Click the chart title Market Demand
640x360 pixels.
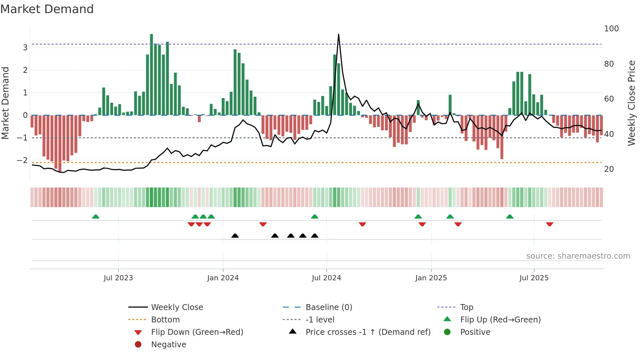tap(47, 9)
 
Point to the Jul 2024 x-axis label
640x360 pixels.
tap(326, 278)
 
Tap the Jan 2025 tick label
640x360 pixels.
tap(431, 278)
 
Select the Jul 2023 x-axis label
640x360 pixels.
tap(118, 278)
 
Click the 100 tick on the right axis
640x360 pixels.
tap(611, 29)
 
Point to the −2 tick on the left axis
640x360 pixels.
tap(22, 160)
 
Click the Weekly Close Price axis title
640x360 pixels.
tap(632, 103)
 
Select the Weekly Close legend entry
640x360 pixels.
tap(177, 307)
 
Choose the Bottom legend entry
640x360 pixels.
tap(165, 320)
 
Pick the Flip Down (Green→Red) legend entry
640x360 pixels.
tap(197, 332)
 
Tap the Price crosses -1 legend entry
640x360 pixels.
tap(368, 332)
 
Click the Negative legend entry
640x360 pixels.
tap(168, 345)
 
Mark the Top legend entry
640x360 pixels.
tap(467, 307)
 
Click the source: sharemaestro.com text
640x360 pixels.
tap(578, 256)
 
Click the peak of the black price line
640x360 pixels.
tap(339, 34)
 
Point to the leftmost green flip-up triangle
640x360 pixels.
tap(96, 217)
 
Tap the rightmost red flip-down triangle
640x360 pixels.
tap(550, 224)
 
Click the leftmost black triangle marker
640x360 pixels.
tap(235, 236)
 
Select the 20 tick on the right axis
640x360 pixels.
tap(609, 169)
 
